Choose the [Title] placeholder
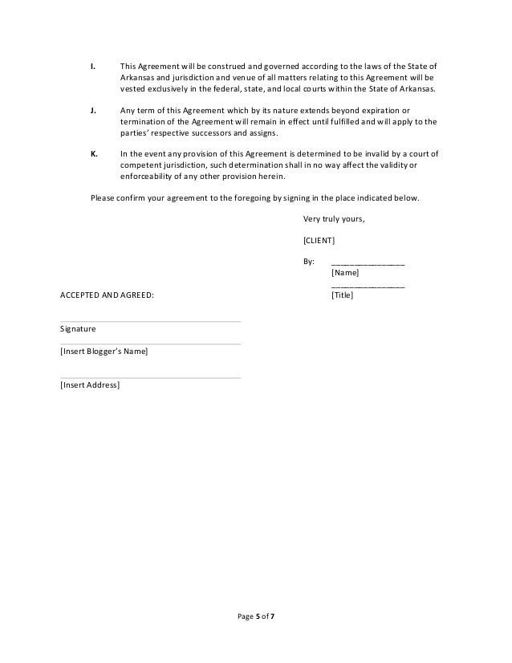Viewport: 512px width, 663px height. (342, 295)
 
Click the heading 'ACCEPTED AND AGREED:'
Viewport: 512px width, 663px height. (106, 295)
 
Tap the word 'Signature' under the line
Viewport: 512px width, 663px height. (78, 330)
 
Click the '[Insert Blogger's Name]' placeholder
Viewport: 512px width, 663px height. (104, 352)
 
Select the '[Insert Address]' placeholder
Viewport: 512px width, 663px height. (90, 386)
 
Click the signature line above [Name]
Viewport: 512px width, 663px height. (368, 263)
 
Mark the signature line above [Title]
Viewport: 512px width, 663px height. (368, 286)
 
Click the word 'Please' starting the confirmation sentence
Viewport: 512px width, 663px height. (103, 197)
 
